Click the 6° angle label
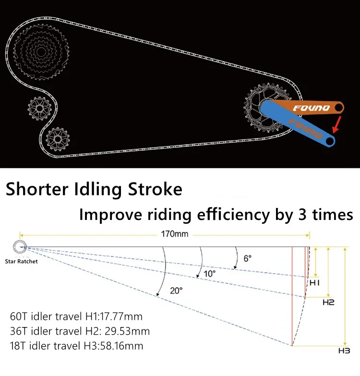coord(247,258)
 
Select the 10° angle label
coord(210,272)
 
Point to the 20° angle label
coord(176,290)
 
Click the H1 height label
coord(314,283)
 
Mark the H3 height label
coord(344,351)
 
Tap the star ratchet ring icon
coord(21,247)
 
